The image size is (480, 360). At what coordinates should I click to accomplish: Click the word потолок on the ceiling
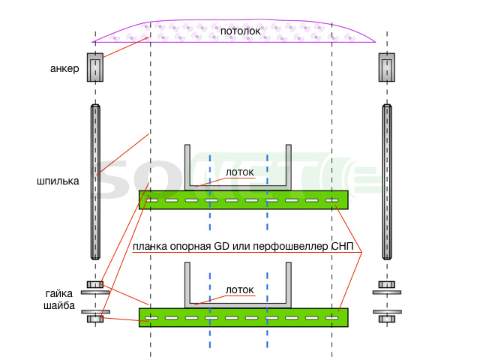[240, 31]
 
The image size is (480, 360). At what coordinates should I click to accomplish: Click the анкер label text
[64, 68]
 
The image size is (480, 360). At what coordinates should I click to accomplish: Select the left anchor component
[95, 67]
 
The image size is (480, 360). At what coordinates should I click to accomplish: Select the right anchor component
[387, 67]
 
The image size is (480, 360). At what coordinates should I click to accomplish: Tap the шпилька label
[58, 181]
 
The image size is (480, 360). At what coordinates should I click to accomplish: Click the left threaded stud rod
[95, 182]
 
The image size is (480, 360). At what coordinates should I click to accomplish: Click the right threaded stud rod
[387, 182]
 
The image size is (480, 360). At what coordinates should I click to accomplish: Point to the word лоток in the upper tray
[240, 172]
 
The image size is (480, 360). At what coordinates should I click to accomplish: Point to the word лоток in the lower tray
[240, 290]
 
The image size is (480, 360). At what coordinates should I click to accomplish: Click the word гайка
[59, 293]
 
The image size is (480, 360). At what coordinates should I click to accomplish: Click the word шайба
[59, 305]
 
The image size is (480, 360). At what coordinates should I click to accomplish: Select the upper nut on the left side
[95, 284]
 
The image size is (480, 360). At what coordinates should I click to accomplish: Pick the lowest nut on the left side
[95, 319]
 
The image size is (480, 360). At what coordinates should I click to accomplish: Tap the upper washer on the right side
[387, 292]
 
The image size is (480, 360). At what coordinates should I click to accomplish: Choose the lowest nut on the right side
[387, 319]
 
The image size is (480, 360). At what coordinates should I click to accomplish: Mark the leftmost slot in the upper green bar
[151, 200]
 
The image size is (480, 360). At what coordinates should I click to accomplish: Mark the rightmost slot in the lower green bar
[331, 318]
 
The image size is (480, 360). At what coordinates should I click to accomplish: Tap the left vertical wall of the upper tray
[187, 166]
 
